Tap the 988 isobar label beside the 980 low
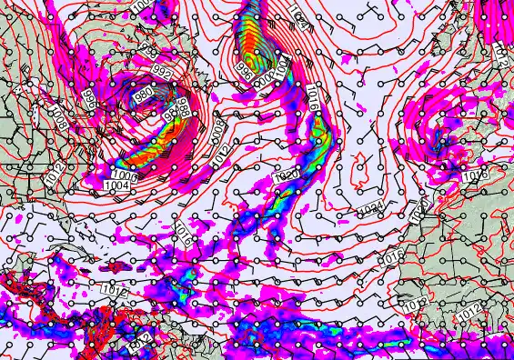point(183,108)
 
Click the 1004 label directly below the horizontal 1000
point(116,185)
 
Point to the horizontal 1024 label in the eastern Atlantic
point(369,208)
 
